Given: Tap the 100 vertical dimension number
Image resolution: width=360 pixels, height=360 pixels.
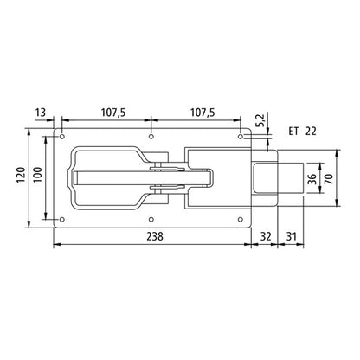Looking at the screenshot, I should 36,178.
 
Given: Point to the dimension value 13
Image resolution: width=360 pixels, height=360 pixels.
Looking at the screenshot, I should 41,112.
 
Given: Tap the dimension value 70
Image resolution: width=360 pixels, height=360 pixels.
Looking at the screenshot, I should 329,178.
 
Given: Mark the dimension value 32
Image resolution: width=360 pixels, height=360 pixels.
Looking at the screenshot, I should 266,236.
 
